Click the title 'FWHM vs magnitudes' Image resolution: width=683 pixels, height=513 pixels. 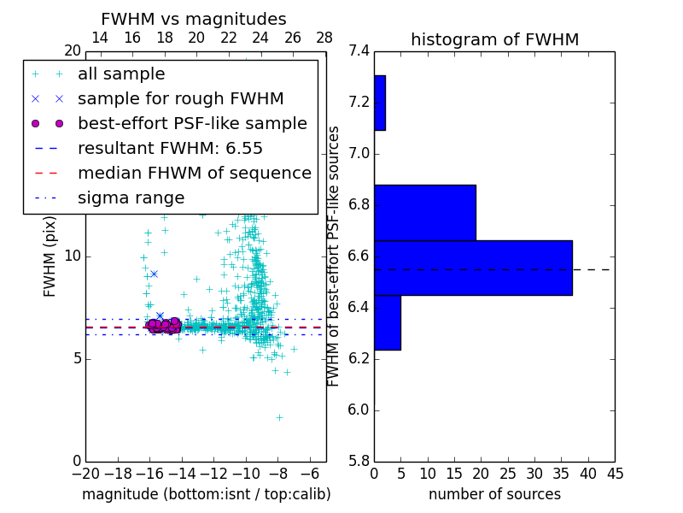(194, 20)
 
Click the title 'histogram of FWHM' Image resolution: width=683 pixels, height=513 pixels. (494, 40)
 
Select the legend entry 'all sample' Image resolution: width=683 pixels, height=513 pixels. (121, 74)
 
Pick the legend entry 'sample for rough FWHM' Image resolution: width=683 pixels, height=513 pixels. (181, 98)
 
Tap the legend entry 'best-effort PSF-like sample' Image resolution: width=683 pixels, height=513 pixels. (192, 123)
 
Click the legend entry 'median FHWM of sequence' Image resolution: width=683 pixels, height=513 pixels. (194, 173)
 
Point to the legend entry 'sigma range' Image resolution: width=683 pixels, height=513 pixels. (131, 198)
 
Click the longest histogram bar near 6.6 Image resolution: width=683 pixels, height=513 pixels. (473, 268)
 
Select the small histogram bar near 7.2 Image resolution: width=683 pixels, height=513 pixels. (380, 103)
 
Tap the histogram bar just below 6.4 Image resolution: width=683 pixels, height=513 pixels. (387, 322)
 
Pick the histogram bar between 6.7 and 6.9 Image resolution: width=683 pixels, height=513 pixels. (424, 212)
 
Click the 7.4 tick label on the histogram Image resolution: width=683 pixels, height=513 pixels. (359, 51)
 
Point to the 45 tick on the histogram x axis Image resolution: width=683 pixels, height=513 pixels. (615, 474)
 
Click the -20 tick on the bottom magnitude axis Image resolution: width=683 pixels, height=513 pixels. (85, 474)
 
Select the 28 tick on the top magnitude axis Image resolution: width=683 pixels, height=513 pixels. (325, 38)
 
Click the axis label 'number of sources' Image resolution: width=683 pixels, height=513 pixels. (494, 494)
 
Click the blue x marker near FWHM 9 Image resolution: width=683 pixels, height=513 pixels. (154, 274)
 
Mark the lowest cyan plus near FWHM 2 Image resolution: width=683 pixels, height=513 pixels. (279, 417)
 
